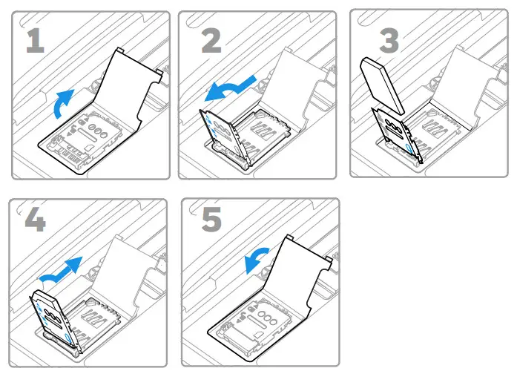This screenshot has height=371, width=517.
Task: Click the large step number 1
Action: tap(36, 41)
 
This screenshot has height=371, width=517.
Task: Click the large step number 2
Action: tap(211, 41)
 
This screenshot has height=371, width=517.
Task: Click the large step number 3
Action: tap(389, 41)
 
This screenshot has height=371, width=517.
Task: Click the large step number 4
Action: tap(36, 220)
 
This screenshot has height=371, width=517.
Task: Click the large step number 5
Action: tap(211, 220)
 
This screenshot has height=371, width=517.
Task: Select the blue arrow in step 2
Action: tap(231, 88)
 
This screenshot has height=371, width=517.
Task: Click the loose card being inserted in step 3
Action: tap(383, 86)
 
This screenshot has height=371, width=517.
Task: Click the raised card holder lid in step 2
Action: tap(224, 136)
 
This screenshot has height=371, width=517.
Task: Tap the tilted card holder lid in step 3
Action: tap(398, 134)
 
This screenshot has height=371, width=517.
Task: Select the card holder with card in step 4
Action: tap(54, 321)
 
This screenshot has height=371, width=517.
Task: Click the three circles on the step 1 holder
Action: tap(98, 131)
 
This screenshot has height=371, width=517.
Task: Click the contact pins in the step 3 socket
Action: tap(435, 128)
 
